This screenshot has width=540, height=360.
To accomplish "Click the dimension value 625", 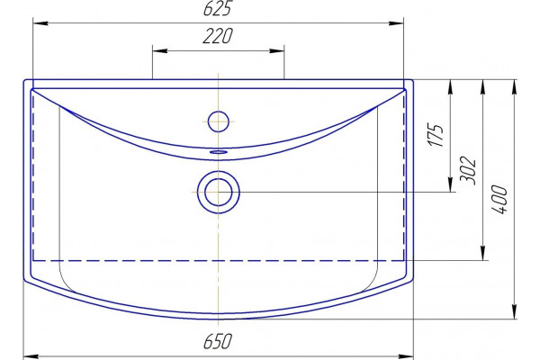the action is tap(217, 9).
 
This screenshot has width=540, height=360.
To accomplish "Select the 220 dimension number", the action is tap(218, 36).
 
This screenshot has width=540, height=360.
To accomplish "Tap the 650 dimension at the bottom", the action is tap(218, 341).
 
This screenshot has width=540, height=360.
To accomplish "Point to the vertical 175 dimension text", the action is tap(436, 135).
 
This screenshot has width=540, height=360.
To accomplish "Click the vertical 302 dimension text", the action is tap(468, 171).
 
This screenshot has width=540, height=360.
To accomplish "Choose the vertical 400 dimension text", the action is tap(500, 200).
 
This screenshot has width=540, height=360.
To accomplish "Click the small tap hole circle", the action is tap(219, 121).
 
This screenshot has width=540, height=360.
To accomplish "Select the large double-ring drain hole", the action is tap(219, 192).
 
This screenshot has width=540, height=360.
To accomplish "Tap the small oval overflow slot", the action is tap(219, 151).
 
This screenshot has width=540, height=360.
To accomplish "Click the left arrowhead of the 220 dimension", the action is tap(160, 51).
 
